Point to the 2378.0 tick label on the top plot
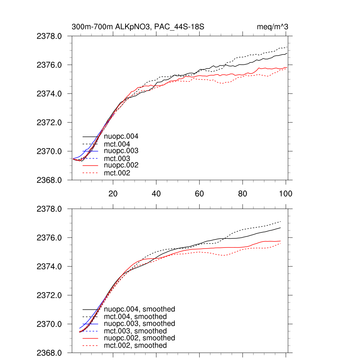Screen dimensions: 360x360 (52, 36)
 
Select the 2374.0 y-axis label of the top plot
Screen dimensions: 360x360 (52, 94)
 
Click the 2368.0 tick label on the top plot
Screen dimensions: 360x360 (52, 180)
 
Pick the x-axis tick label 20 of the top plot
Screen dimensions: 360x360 (113, 194)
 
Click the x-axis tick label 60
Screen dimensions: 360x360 (199, 194)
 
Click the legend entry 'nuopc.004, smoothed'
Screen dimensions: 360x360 (140, 309)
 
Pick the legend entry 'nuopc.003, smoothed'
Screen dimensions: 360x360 (140, 323)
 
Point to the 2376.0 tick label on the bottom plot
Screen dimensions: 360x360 (52, 238)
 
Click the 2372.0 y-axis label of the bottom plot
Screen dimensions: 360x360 (52, 295)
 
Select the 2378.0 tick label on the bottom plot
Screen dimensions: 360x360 (52, 209)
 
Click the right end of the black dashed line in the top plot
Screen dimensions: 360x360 (288, 47)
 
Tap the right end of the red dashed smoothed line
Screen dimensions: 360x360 (281, 243)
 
